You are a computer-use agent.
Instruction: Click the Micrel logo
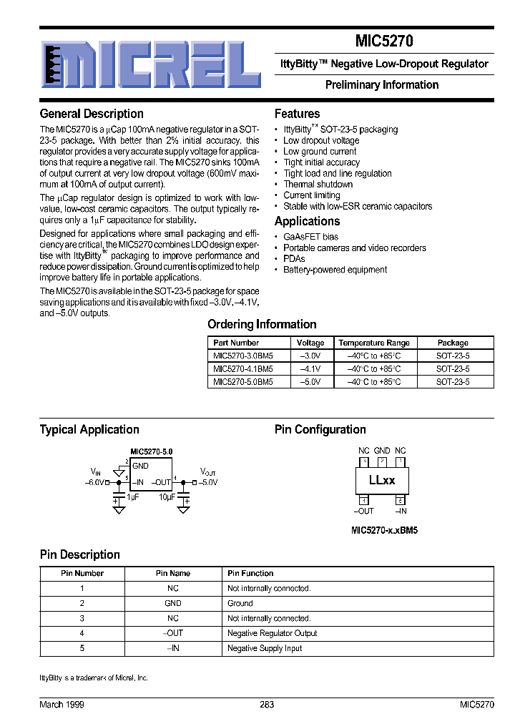[x=151, y=65]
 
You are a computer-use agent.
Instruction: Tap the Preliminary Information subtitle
[x=381, y=84]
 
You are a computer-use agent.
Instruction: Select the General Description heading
[x=92, y=114]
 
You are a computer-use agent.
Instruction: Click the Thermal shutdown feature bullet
[x=318, y=184]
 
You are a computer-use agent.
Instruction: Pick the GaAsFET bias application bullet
[x=310, y=237]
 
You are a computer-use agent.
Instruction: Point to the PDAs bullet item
[x=294, y=259]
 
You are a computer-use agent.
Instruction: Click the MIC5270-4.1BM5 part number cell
[x=243, y=368]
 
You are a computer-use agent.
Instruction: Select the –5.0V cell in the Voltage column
[x=310, y=382]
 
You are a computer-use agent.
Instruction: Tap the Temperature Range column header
[x=374, y=343]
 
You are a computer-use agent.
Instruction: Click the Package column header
[x=453, y=343]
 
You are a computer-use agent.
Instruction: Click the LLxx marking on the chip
[x=381, y=480]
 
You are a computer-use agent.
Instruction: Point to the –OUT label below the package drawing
[x=363, y=511]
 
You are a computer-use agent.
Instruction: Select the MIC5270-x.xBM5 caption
[x=384, y=531]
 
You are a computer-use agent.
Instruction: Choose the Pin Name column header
[x=173, y=573]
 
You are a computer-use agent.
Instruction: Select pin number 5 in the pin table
[x=82, y=648]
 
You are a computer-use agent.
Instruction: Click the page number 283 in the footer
[x=266, y=705]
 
